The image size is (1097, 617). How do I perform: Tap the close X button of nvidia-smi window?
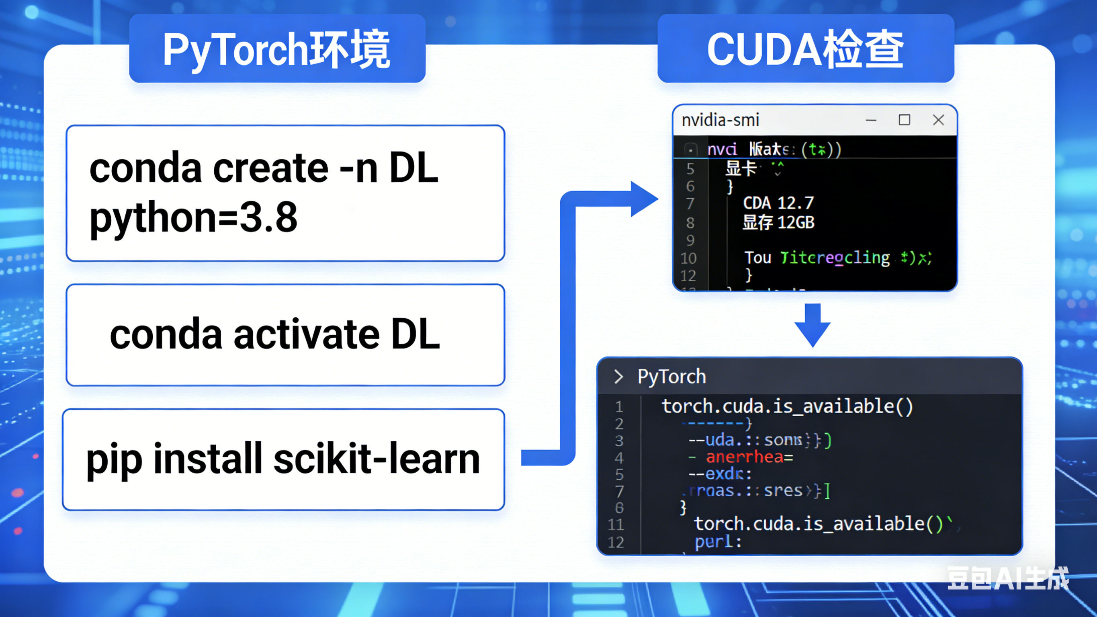coord(938,120)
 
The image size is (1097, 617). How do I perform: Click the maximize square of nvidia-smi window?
coord(904,120)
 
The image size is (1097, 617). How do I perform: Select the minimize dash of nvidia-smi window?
coord(871,121)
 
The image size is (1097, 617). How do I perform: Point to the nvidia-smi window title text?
coord(720,121)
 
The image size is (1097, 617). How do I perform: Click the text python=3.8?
coord(194,217)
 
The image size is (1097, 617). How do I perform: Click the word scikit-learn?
coord(377,459)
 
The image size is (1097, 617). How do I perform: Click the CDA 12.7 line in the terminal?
coord(778,203)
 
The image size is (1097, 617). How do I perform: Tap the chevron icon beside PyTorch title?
coord(618,377)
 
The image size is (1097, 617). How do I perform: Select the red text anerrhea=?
coord(749,457)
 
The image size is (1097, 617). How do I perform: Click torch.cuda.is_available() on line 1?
coord(787,406)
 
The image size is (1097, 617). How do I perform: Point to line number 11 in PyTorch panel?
coord(616,525)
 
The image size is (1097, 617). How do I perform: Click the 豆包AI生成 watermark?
coord(1007,579)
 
